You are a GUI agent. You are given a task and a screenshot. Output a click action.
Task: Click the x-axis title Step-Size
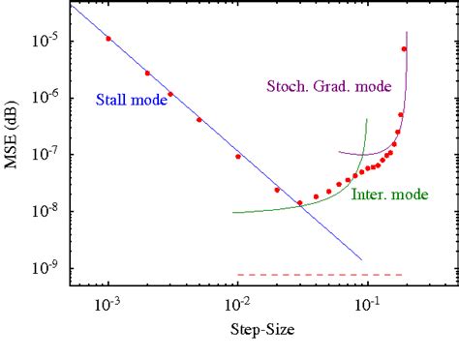[x=263, y=329]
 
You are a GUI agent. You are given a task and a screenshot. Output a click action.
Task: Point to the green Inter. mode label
[x=389, y=195]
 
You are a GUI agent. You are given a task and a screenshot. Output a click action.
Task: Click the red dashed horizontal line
[x=320, y=275]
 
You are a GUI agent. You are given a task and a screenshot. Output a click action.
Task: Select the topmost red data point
[x=404, y=49]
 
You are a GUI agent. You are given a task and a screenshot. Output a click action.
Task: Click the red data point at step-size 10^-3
[x=108, y=39]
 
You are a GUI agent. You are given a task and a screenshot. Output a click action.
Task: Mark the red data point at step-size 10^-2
[x=238, y=156]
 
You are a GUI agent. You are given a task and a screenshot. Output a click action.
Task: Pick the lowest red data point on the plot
[x=299, y=203]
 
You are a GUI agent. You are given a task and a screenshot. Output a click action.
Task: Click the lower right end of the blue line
[x=361, y=259]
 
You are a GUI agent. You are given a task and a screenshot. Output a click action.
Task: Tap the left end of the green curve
[x=233, y=212]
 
